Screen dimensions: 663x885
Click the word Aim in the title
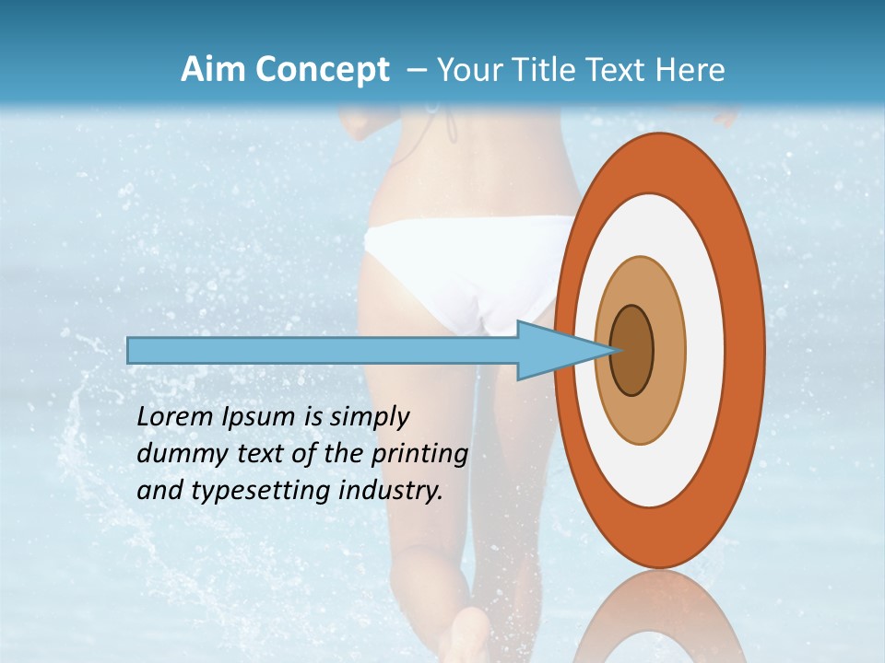[x=209, y=70]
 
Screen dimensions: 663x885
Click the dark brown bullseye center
[x=632, y=351]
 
